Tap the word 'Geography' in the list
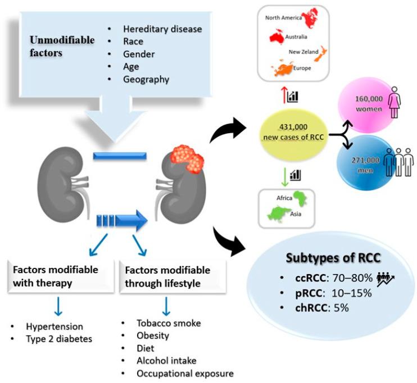tap(146, 79)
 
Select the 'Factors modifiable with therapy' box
tap(51, 276)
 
